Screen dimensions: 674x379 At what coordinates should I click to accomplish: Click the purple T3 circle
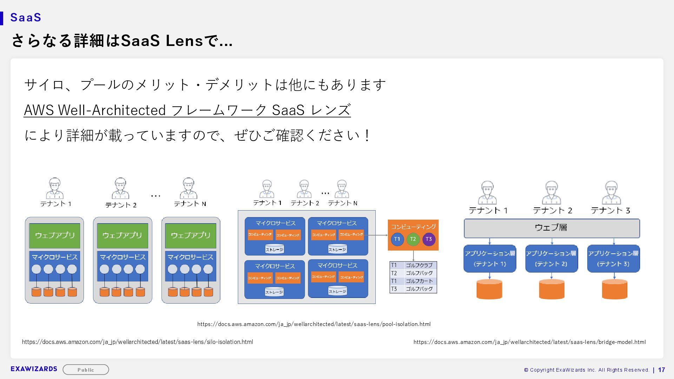point(429,239)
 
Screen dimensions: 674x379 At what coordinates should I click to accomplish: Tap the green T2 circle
point(413,239)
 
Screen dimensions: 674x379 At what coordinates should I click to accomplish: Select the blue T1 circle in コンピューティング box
point(397,239)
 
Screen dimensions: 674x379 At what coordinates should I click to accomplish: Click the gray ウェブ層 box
point(551,228)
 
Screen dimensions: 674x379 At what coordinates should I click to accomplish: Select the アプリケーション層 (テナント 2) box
point(551,259)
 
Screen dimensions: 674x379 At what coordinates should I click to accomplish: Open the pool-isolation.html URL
point(314,324)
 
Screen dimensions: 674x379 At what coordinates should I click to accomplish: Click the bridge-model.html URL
point(529,342)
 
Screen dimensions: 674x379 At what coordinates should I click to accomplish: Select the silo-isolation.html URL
point(137,342)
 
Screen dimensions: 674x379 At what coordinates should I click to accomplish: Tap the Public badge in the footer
point(86,370)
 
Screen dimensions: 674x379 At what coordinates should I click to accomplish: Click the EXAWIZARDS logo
point(34,369)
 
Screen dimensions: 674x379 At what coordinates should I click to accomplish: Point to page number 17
point(661,370)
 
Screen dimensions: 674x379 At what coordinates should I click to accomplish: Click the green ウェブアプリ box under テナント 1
point(54,235)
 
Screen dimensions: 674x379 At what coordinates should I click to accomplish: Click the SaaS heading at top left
point(26,18)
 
